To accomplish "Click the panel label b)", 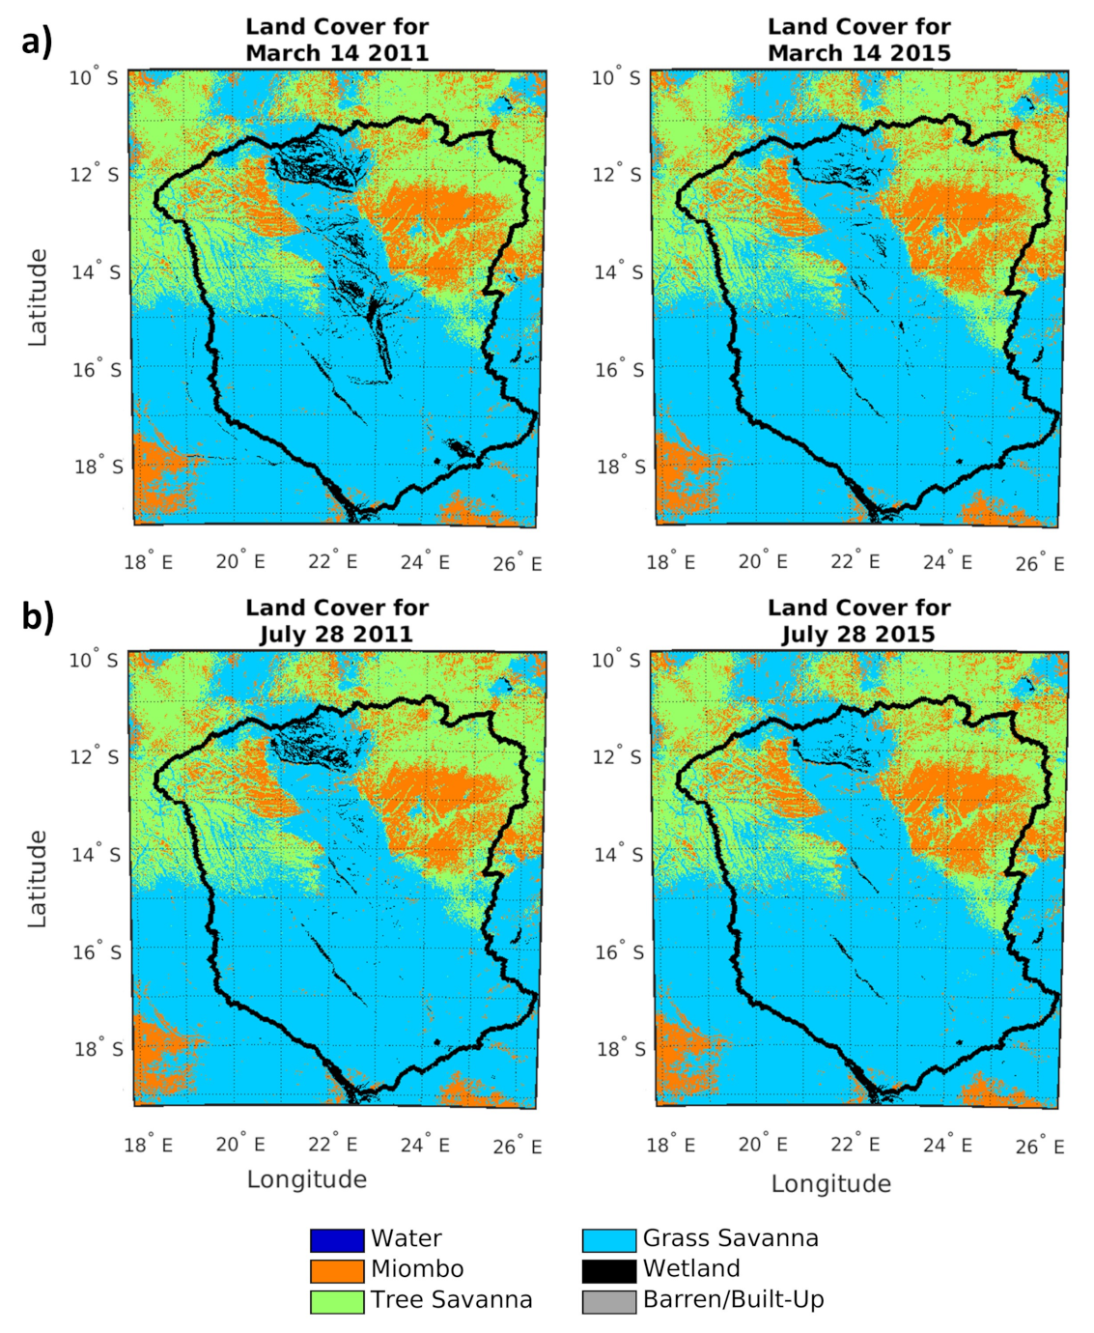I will [x=38, y=616].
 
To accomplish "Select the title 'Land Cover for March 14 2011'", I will [x=337, y=40].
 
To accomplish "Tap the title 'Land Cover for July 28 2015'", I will [x=858, y=621].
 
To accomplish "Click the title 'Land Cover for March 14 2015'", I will [x=858, y=40].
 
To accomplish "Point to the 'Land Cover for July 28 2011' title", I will [x=337, y=621].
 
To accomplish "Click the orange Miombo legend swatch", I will [x=337, y=1270].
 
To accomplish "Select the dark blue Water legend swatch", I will [x=337, y=1239].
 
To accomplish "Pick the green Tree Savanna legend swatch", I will [x=337, y=1301].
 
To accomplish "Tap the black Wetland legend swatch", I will [x=608, y=1270].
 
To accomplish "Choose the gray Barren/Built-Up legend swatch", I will [x=608, y=1301].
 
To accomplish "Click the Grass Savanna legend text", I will [x=730, y=1238].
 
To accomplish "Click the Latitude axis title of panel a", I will [x=38, y=298].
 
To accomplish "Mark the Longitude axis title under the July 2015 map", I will [x=830, y=1183].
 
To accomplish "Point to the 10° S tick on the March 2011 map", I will [x=94, y=77].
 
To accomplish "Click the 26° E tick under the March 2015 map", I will [x=1039, y=563].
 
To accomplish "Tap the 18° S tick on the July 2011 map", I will [x=98, y=1048].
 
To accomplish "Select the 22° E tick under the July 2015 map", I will [x=855, y=1145].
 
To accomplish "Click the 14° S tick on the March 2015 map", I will [x=617, y=271].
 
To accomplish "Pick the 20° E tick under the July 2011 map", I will [x=239, y=1145].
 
